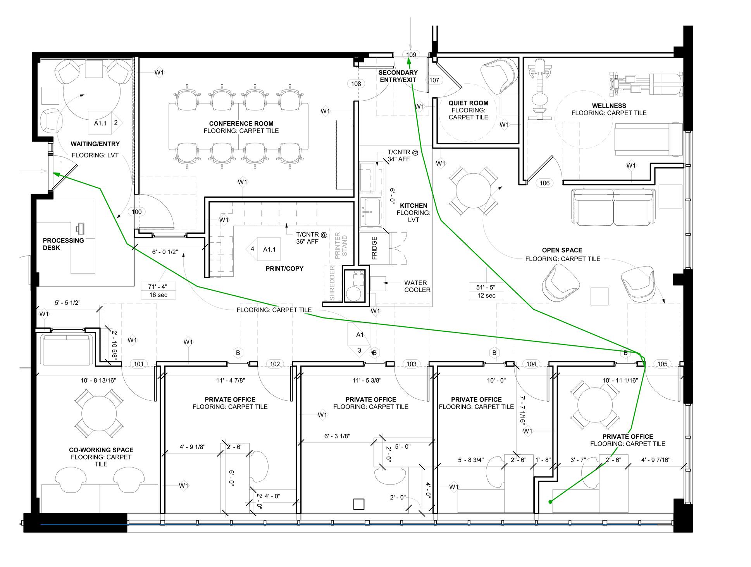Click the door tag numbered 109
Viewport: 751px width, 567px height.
[x=411, y=55]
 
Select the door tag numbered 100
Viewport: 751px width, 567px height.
[x=137, y=212]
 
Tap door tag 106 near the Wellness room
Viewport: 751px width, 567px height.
[x=544, y=183]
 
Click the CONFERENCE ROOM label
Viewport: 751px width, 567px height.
[x=241, y=124]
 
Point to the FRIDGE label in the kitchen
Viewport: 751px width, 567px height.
[x=374, y=248]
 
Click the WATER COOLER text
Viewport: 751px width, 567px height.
[x=417, y=286]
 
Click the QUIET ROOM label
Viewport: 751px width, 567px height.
[x=468, y=103]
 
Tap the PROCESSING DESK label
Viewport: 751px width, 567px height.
[x=63, y=244]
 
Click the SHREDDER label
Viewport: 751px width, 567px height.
[x=332, y=283]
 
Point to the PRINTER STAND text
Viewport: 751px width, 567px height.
[x=341, y=245]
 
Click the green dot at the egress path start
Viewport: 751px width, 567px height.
[x=550, y=502]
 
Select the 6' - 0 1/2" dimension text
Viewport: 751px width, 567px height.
[x=165, y=252]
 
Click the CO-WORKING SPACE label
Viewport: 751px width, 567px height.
[x=101, y=450]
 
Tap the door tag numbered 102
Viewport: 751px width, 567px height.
[x=275, y=364]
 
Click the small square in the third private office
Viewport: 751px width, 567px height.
[x=359, y=504]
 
